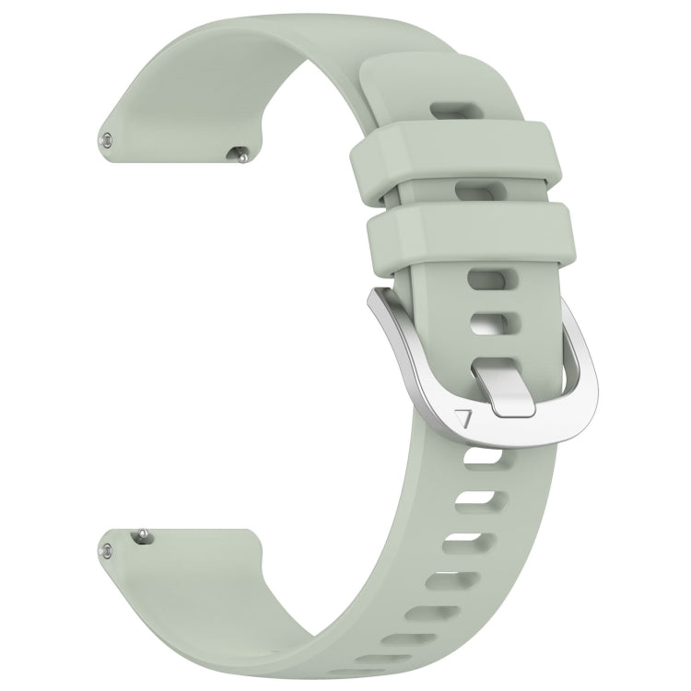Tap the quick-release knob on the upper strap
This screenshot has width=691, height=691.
click(240, 156)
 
